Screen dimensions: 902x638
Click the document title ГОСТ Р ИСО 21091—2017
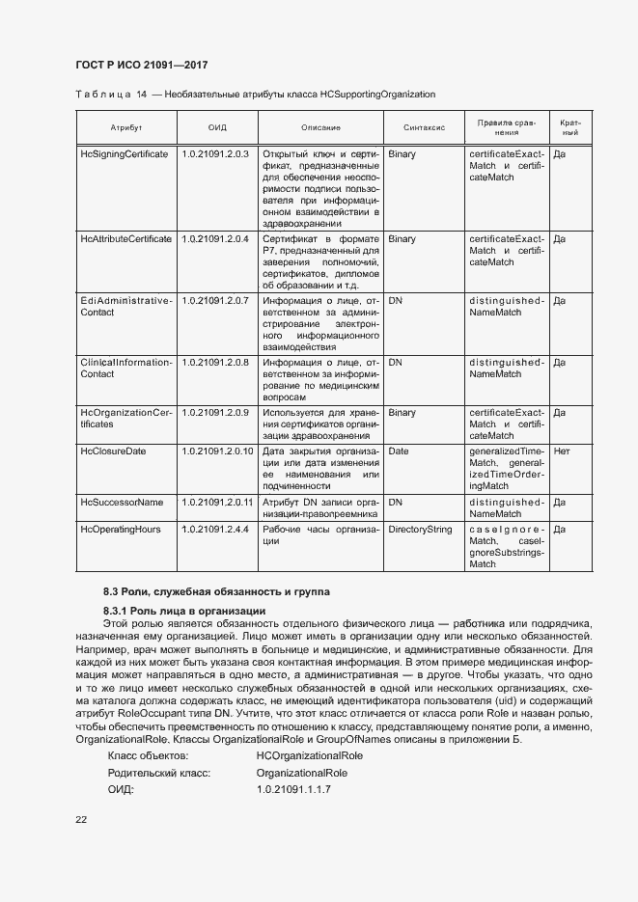tap(141, 66)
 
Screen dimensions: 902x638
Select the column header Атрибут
tap(125, 127)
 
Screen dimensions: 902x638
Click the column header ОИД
tap(216, 127)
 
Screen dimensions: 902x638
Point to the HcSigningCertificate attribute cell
tap(125, 154)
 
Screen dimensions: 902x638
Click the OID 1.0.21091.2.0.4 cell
tap(215, 238)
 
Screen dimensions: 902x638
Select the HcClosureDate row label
tap(114, 451)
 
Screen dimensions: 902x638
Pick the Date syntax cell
tap(398, 451)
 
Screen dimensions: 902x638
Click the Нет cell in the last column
tap(563, 451)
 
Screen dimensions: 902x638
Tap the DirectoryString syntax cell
tap(420, 530)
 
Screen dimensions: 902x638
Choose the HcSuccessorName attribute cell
tap(122, 503)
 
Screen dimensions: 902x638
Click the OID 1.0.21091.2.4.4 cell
tap(215, 530)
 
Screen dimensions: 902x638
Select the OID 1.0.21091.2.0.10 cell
tap(217, 451)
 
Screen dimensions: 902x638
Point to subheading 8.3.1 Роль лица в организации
tap(184, 612)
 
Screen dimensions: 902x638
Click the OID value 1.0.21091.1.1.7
tap(293, 790)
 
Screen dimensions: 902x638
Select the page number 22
tap(80, 819)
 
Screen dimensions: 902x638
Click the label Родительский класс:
tap(159, 773)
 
